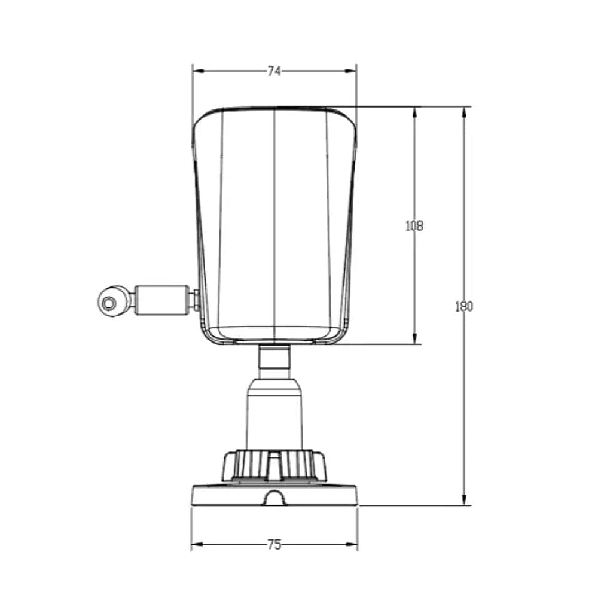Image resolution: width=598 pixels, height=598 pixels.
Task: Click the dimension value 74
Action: tap(274, 71)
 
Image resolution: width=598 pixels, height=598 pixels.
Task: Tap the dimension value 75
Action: tap(274, 544)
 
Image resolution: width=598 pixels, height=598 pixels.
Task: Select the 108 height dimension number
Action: tap(414, 226)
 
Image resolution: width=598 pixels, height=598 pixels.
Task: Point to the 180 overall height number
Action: tap(464, 306)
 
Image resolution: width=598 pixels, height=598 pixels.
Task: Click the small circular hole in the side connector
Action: tap(109, 303)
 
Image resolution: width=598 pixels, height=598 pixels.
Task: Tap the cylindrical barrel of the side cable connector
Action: tap(163, 300)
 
